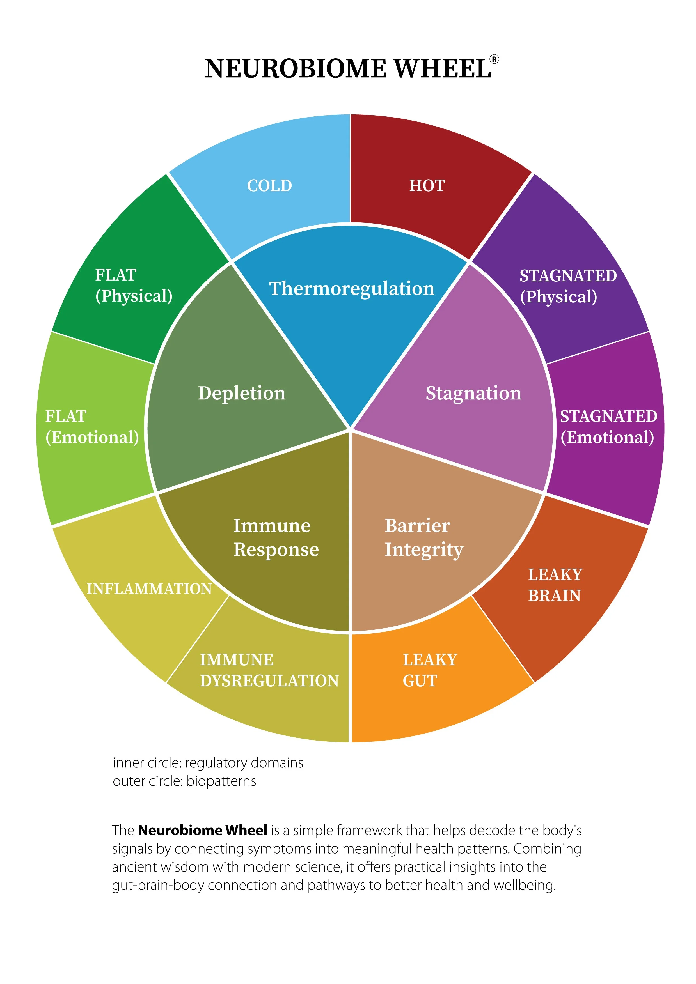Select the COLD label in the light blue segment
[x=269, y=186]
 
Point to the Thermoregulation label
[x=352, y=288]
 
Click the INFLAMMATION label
[x=149, y=588]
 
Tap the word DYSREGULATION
[x=269, y=680]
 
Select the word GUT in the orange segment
[x=420, y=680]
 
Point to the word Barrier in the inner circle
[x=417, y=525]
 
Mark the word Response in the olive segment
[x=276, y=550]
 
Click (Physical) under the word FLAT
[x=134, y=296]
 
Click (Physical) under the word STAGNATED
[x=558, y=297]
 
